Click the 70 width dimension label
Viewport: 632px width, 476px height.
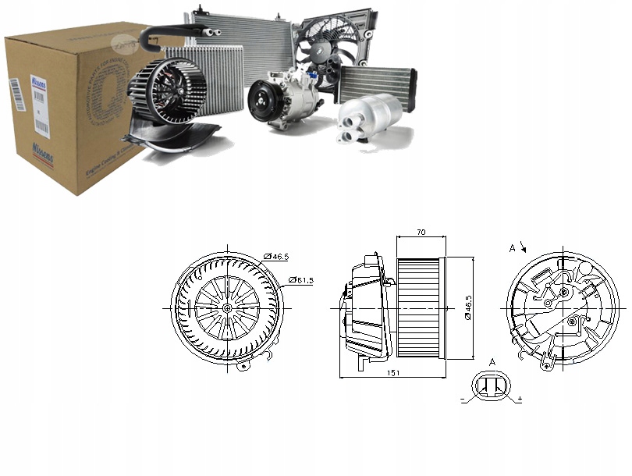point(421,232)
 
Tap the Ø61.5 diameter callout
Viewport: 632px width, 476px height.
point(301,279)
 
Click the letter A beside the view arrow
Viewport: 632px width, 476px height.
point(513,248)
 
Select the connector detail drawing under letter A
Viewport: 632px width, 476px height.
point(493,387)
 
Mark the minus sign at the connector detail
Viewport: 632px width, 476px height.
point(463,399)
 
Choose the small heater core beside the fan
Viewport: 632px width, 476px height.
point(377,83)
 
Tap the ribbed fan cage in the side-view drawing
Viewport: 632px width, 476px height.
point(420,307)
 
